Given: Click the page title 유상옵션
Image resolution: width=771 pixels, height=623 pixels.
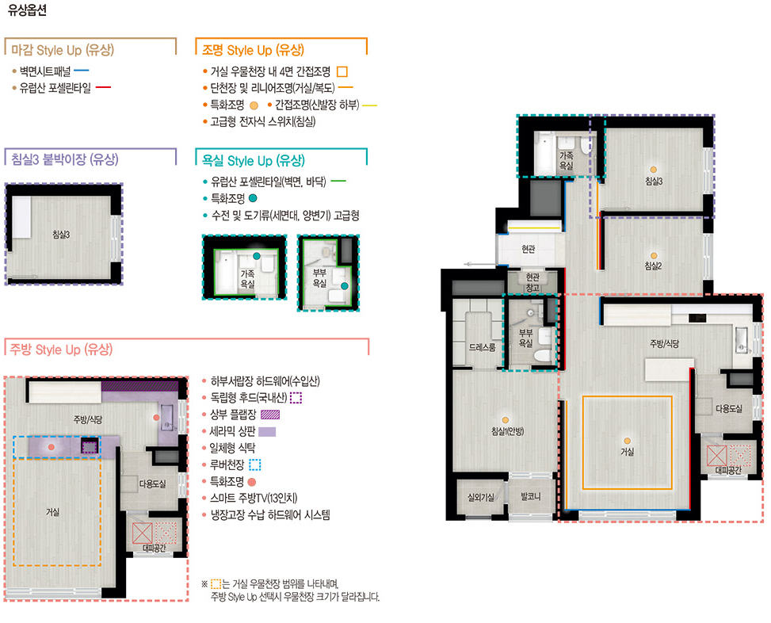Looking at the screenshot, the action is [27, 10].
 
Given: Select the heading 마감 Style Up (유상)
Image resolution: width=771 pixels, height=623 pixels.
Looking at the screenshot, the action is [63, 50].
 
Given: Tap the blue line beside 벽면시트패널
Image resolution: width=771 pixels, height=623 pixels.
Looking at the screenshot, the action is [81, 71].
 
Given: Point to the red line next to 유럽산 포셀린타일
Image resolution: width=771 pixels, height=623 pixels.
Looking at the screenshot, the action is [103, 87].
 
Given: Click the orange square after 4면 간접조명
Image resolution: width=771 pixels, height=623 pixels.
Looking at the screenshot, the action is [342, 72].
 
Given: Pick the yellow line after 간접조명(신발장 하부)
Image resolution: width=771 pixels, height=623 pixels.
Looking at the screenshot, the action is [370, 105].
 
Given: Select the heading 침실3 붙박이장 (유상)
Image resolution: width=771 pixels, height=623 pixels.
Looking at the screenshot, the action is [65, 159].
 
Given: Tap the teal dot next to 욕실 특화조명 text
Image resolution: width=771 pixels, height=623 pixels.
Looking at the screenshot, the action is [253, 198].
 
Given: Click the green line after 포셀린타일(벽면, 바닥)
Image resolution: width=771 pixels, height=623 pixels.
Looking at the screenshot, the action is [338, 182].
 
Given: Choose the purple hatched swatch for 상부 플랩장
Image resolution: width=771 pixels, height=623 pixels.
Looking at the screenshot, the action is [270, 415].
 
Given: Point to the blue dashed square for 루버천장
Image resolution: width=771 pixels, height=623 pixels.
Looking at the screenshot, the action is [254, 464].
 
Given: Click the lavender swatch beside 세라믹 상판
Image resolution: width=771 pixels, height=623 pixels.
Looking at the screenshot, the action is [267, 432].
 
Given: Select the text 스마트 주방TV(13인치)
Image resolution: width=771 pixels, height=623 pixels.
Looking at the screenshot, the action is [254, 498].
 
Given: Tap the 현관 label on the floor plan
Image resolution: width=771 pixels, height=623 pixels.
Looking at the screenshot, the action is [528, 250].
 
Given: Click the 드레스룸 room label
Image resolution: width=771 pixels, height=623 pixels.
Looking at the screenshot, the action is [483, 347].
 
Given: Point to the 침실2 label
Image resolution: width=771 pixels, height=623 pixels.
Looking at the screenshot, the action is [654, 266].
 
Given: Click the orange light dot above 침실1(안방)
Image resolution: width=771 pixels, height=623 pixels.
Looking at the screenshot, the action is [506, 420].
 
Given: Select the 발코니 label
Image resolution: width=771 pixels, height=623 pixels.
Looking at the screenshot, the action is [531, 497].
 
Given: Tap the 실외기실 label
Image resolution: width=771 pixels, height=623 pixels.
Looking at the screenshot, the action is [481, 497].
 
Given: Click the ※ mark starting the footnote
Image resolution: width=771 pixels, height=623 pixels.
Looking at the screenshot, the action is [204, 584].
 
